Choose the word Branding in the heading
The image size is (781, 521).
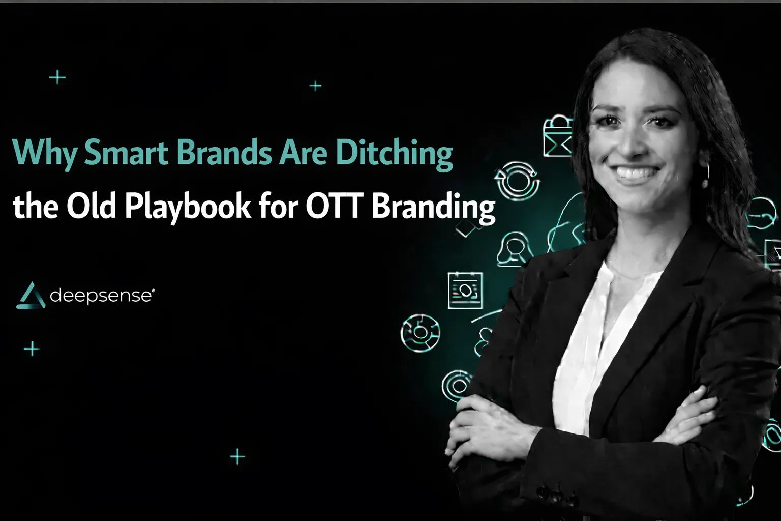pyautogui.click(x=433, y=207)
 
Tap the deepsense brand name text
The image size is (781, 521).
pyautogui.click(x=101, y=296)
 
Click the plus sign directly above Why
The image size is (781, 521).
pyautogui.click(x=57, y=78)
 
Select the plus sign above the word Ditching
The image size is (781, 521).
pyautogui.click(x=315, y=86)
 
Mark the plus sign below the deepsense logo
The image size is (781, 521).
pyautogui.click(x=32, y=349)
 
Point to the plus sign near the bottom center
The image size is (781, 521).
pyautogui.click(x=237, y=456)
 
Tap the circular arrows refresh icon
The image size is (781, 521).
pyautogui.click(x=517, y=180)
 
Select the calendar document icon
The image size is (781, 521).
pyautogui.click(x=465, y=291)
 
